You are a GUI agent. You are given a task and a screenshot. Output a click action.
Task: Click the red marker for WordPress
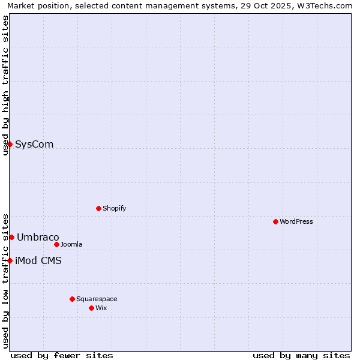[275, 221]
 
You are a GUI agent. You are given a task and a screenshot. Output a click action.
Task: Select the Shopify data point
[98, 208]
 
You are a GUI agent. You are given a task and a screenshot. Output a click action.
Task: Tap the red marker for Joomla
[56, 244]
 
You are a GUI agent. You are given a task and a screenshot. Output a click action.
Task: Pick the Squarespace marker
[72, 299]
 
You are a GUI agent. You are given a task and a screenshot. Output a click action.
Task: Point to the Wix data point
[91, 308]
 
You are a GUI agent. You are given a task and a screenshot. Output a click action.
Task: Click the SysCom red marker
[10, 144]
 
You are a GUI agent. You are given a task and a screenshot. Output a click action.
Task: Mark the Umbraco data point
[11, 237]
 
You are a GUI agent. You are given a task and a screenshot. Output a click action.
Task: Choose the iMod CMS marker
[10, 260]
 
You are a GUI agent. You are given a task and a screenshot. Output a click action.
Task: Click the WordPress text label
[296, 222]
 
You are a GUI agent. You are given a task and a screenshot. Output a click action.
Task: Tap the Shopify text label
[115, 209]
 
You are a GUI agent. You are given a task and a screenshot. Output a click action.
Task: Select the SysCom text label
[34, 145]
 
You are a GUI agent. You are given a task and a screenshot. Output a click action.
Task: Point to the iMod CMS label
[38, 261]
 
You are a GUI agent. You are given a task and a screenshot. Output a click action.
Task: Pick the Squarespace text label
[97, 299]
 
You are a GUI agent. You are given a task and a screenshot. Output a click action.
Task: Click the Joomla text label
[71, 245]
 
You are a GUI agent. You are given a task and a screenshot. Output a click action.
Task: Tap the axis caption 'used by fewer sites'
[62, 355]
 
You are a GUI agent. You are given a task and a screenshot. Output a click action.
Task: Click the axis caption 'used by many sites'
[301, 355]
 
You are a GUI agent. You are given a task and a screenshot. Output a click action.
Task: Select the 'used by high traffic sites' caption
[5, 85]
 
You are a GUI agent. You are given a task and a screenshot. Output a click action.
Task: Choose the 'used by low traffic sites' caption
[5, 280]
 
